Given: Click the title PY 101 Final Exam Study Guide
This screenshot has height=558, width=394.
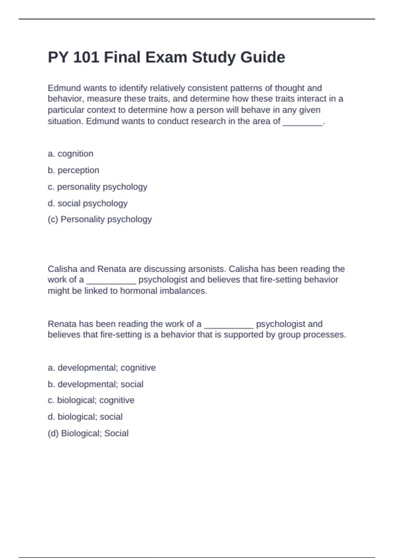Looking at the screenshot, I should [x=166, y=57].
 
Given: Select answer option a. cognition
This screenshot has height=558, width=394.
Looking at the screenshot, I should [x=71, y=154].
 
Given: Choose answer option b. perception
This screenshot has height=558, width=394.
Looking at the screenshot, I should [x=74, y=170].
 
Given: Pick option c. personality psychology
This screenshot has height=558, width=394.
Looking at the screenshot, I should [x=98, y=187].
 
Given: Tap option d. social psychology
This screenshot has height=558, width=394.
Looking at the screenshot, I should [x=88, y=203].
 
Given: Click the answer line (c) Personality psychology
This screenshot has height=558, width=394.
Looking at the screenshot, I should [x=100, y=219].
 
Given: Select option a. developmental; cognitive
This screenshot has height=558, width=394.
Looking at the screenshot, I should [x=102, y=368].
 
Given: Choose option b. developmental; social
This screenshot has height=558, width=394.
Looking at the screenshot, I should [x=96, y=384].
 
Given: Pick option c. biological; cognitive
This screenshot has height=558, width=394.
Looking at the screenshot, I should [x=91, y=400].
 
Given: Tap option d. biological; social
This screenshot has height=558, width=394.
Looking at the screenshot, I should [x=85, y=417].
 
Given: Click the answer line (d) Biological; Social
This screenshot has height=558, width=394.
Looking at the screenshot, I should [x=88, y=433].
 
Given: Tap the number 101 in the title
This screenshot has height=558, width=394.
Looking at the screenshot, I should [x=86, y=57].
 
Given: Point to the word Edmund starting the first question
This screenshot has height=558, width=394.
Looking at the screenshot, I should [x=64, y=88].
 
